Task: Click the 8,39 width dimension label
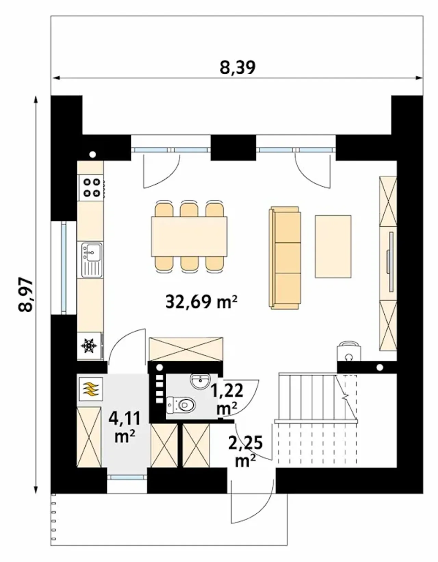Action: coord(237,68)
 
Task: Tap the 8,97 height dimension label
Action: coord(26,295)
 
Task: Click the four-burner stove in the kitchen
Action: coord(91,188)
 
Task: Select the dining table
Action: coord(189,236)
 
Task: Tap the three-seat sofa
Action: coord(285,257)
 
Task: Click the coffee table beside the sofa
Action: coord(333,247)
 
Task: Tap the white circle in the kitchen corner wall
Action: coord(92,155)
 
